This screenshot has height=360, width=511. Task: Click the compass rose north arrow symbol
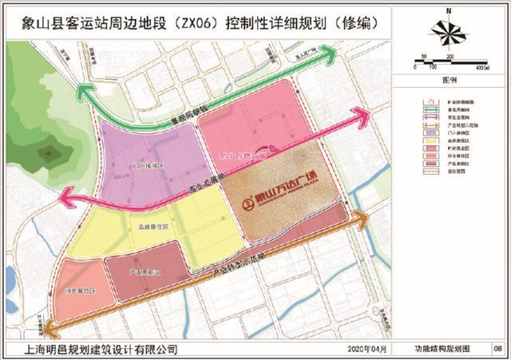point(450,30)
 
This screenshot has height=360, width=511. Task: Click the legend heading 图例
point(450,81)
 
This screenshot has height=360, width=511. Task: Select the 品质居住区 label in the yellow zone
point(151,226)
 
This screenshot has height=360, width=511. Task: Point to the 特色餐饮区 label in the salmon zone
point(80,292)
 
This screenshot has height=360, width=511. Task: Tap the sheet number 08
point(497,350)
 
